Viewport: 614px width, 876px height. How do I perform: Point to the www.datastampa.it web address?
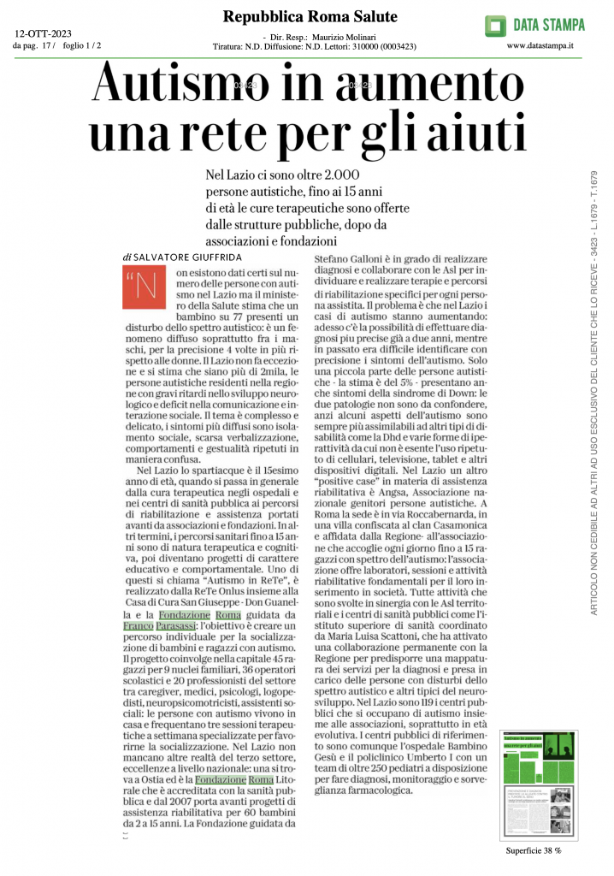(540, 45)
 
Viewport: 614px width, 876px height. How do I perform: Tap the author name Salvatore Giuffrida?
(184, 257)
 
